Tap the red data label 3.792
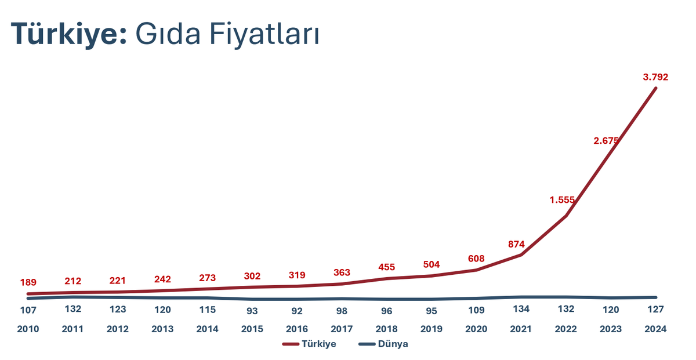655,77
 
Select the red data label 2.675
607,140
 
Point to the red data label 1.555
562,200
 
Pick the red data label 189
28,283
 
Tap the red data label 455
387,267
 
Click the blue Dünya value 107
28,310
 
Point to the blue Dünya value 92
297,311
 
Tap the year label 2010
28,329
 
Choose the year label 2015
252,329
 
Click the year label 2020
476,329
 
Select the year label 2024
655,329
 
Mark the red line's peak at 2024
655,88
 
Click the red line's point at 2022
566,216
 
